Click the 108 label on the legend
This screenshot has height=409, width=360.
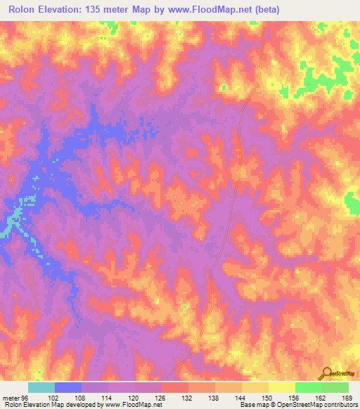tap(81, 398)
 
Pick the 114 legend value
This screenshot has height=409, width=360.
tap(108, 398)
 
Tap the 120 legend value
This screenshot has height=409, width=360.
tap(135, 398)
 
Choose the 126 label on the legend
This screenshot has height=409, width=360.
tap(162, 398)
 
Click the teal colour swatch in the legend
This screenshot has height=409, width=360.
tap(41, 387)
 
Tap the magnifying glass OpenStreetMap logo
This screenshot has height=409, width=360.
tap(325, 373)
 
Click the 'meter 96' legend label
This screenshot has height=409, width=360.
tap(15, 398)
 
